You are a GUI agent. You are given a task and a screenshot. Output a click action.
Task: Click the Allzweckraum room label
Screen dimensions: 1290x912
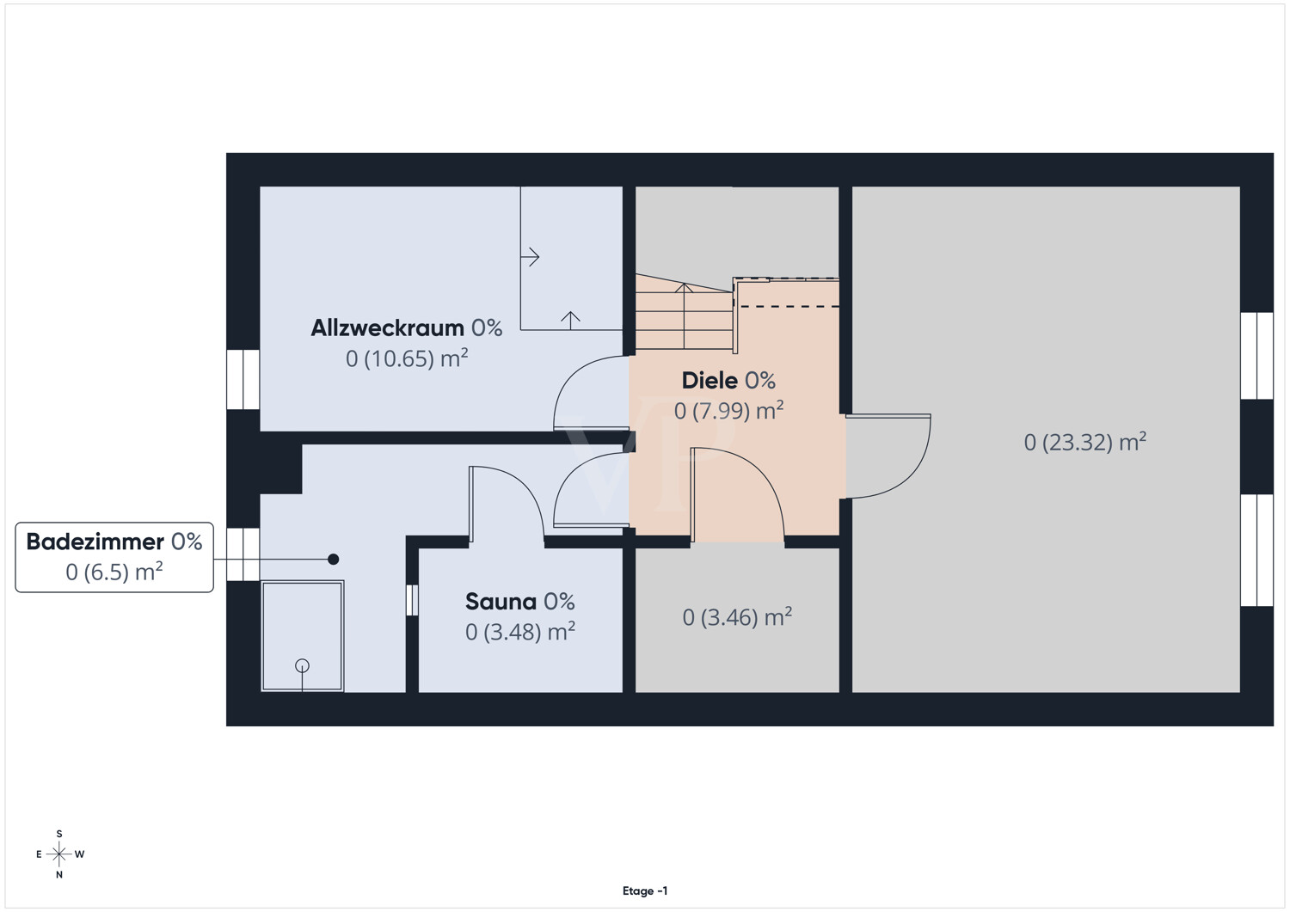pos(406,328)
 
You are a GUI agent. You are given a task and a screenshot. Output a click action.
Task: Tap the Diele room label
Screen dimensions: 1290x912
pos(728,381)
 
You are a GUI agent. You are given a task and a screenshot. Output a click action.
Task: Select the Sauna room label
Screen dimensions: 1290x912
pos(519,602)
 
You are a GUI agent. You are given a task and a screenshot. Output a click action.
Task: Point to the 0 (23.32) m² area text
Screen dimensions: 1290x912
pos(1085,442)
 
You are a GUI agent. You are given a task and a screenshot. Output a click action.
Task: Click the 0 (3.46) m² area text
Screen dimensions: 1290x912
pos(737,617)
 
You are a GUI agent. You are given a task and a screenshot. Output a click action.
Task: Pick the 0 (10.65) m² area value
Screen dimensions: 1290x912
pos(407,358)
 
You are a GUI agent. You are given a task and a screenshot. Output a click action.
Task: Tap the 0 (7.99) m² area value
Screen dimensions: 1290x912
pos(728,411)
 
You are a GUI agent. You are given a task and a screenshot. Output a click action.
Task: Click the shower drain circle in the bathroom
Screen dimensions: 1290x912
pos(302,665)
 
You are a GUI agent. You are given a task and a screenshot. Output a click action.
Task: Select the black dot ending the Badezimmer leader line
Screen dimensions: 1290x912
pos(333,559)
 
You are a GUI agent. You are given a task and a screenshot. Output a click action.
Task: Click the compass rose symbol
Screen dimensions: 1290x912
pos(58,854)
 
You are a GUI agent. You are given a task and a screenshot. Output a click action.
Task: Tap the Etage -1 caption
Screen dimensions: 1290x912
pos(645,891)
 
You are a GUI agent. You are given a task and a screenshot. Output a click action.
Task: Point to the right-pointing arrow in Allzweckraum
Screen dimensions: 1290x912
pos(530,256)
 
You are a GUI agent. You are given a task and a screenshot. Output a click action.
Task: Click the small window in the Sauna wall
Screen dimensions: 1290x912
pos(412,600)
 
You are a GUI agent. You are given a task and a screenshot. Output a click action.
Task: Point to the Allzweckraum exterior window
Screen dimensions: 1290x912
pos(243,379)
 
